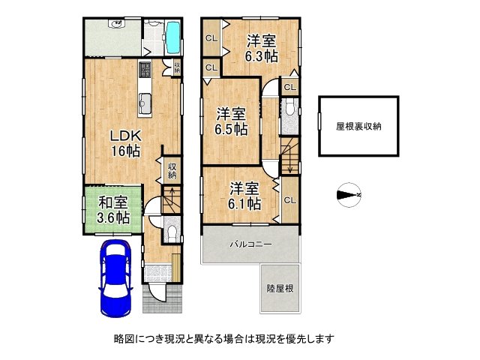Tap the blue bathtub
173,36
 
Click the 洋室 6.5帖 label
233,121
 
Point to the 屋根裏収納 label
358,126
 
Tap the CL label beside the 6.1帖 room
289,199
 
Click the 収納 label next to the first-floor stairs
172,170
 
